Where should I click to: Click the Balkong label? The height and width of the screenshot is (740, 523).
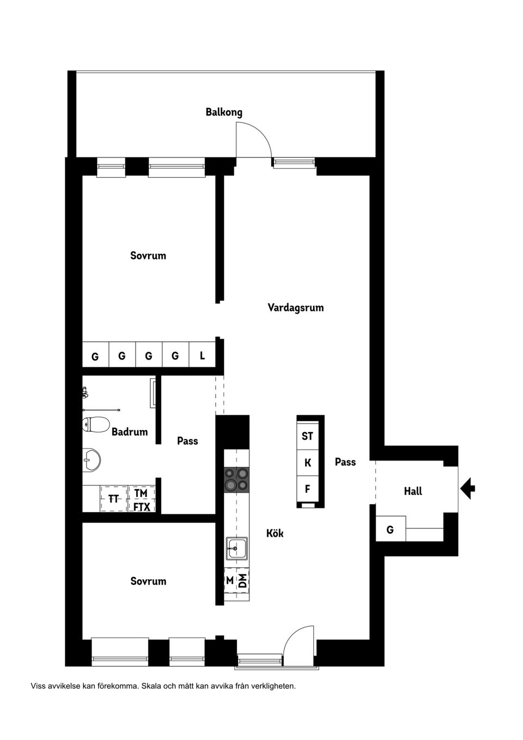[224, 112]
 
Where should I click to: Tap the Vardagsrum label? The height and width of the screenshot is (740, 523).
[295, 307]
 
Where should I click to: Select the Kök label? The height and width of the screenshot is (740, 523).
[275, 533]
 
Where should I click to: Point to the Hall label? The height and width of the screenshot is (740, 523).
[413, 491]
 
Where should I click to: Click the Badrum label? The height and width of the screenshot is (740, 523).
[130, 432]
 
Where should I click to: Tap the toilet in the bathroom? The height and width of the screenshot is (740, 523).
[96, 424]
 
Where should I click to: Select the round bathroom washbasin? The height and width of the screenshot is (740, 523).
[92, 459]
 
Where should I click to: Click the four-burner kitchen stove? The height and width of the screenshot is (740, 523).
[237, 479]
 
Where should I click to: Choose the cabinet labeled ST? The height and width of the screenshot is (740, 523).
[307, 436]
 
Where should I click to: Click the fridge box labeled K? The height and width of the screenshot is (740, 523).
[307, 463]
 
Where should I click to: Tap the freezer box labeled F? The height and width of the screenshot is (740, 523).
[307, 489]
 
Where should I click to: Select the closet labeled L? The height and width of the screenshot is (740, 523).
[202, 354]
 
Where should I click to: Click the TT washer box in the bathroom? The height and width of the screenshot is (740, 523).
[114, 499]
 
